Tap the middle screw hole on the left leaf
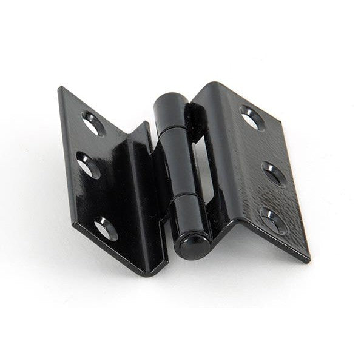pyautogui.click(x=89, y=166)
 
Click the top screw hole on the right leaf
pyautogui.click(x=251, y=117)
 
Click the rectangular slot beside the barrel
pyautogui.click(x=202, y=164)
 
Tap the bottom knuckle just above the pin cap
pyautogui.click(x=191, y=212)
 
